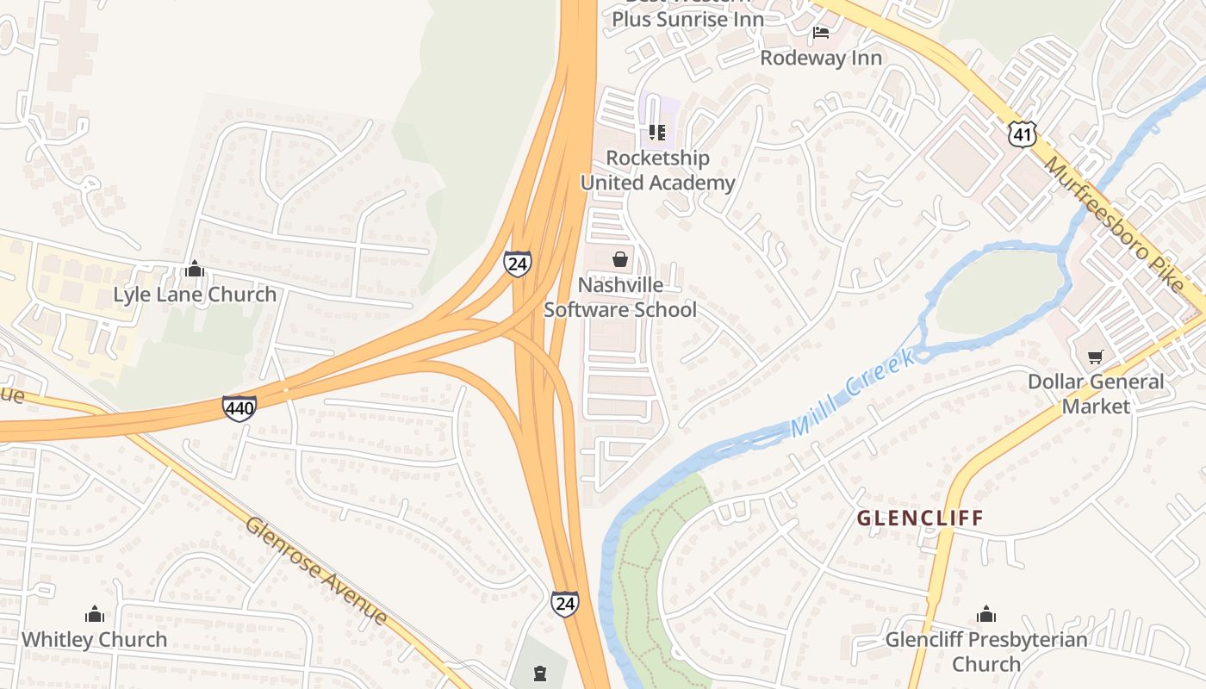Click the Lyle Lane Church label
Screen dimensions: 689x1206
[x=195, y=295]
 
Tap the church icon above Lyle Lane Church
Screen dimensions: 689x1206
[x=195, y=269]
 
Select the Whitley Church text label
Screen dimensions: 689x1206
[x=95, y=640]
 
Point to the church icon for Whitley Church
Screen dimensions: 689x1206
[x=95, y=614]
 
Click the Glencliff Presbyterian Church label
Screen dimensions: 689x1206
[x=986, y=652]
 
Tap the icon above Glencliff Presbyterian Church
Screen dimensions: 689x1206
[x=986, y=614]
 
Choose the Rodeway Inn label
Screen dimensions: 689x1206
[x=821, y=58]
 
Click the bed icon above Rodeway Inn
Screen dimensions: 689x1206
[x=821, y=33]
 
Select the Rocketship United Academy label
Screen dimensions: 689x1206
[x=657, y=171]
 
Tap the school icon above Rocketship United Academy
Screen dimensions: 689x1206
[x=657, y=133]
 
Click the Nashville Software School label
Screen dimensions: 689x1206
[x=620, y=297]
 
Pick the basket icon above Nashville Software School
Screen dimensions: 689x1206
[x=620, y=258]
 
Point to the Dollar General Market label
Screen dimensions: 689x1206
[x=1096, y=394]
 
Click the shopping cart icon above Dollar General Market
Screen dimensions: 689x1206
[x=1096, y=356]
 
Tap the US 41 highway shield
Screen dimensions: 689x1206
[x=1022, y=133]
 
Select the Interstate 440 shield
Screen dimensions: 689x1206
[x=239, y=407]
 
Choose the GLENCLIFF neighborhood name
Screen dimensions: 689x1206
[x=920, y=518]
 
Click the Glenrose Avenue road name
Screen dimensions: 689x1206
[x=316, y=569]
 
